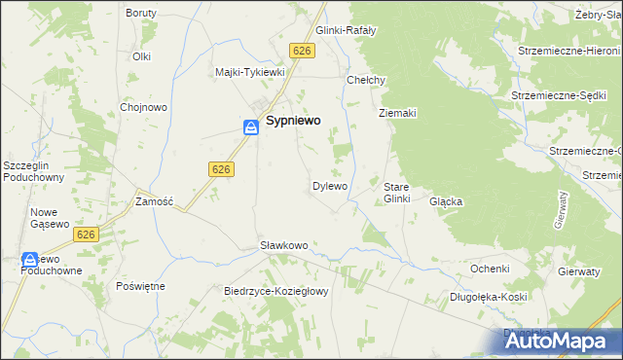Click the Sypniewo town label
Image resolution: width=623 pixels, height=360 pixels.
[x=295, y=125]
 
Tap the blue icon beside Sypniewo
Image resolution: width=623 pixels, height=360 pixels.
[x=250, y=126]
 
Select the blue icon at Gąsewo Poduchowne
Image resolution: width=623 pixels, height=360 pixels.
[x=28, y=260]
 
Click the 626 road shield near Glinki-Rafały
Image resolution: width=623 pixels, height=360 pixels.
[x=302, y=51]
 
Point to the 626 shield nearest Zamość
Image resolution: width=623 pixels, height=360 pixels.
[x=220, y=169]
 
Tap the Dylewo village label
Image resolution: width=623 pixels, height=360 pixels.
[x=329, y=185]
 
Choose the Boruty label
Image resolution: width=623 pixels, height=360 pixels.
[x=142, y=14]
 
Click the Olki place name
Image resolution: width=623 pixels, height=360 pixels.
[x=142, y=56]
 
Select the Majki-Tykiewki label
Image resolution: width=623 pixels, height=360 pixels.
[x=249, y=72]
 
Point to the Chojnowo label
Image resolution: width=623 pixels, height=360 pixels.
[x=140, y=107]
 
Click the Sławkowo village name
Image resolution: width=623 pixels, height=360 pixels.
[x=283, y=245]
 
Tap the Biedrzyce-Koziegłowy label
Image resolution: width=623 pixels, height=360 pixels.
[x=278, y=291]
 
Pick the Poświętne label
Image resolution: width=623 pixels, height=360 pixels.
[x=140, y=286]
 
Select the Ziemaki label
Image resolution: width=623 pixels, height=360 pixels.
[x=397, y=113]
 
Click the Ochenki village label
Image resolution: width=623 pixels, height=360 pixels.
[x=490, y=268]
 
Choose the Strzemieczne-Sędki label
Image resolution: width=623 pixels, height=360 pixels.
[x=560, y=96]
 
